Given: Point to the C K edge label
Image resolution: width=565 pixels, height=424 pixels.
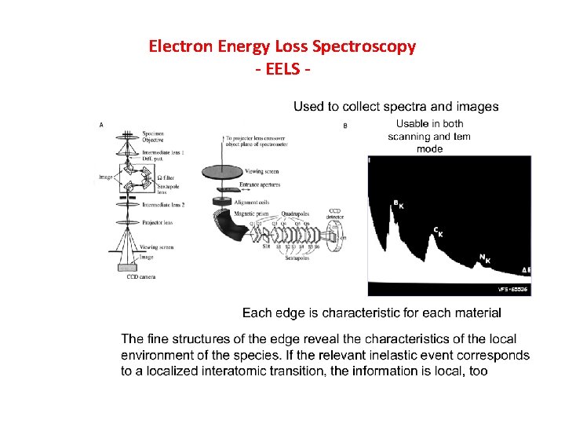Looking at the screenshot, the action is [439, 231].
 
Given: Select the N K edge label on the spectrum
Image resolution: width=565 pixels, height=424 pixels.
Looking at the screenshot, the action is [484, 258].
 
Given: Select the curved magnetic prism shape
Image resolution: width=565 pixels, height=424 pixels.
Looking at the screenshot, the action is [232, 236].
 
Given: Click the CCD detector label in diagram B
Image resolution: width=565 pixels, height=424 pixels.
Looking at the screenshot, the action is [334, 214].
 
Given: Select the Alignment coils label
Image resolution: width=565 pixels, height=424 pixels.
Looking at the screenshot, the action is [251, 202].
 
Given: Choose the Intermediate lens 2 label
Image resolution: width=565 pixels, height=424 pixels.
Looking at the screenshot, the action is [164, 204].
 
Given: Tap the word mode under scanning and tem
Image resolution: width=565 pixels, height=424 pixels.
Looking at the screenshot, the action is [429, 148].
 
